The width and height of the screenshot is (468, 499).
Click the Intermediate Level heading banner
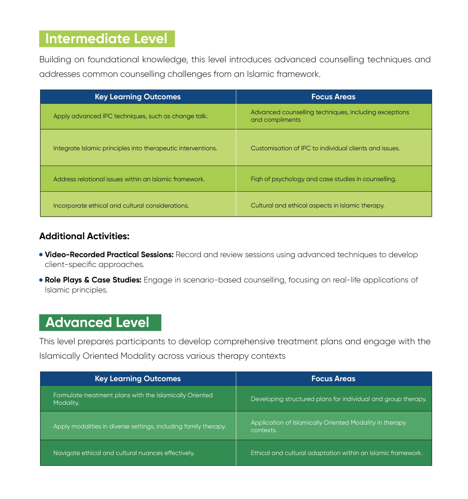(107, 39)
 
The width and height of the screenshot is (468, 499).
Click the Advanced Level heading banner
(100, 322)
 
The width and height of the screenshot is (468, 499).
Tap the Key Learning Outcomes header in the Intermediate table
(138, 97)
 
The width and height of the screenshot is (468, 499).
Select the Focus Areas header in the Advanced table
(333, 378)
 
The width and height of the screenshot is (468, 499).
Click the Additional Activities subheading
(84, 236)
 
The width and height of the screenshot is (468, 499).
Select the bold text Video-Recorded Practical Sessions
(109, 255)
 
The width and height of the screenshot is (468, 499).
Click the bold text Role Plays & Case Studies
(93, 280)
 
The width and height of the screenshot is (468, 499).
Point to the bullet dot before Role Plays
(41, 280)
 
